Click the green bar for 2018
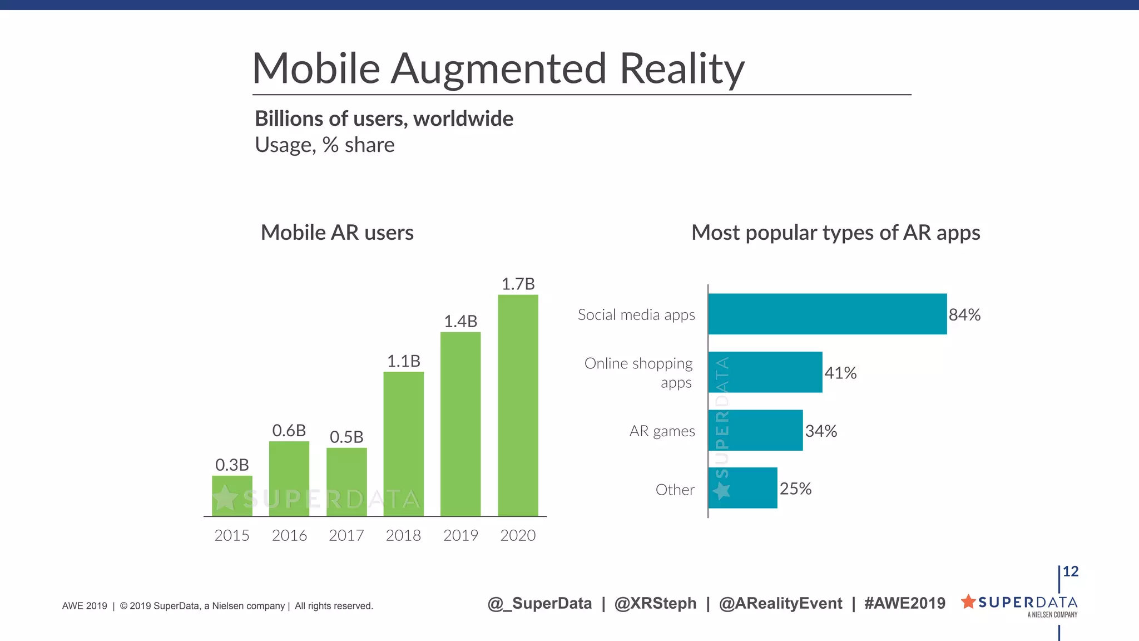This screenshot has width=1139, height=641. [403, 443]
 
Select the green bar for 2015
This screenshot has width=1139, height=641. [232, 495]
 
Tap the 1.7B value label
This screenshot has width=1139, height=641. [518, 284]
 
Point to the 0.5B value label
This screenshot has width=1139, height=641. [346, 437]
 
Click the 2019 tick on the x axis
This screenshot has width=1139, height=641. [460, 535]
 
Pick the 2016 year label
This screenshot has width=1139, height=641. [289, 535]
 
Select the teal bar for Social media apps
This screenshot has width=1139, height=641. [827, 314]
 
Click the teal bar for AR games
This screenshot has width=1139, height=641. [755, 430]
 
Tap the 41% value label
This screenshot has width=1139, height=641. [840, 373]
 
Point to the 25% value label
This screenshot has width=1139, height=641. [795, 489]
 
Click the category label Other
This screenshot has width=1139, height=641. [675, 490]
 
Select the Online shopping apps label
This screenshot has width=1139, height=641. [638, 372]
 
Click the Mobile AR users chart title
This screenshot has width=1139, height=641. [337, 233]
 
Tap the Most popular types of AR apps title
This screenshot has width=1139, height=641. [835, 233]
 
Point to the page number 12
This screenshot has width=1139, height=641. [1070, 571]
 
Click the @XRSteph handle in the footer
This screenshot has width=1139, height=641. [655, 603]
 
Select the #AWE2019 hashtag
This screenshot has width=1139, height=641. [904, 603]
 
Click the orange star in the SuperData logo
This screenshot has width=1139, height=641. [968, 601]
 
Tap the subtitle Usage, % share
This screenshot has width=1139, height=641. [325, 145]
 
